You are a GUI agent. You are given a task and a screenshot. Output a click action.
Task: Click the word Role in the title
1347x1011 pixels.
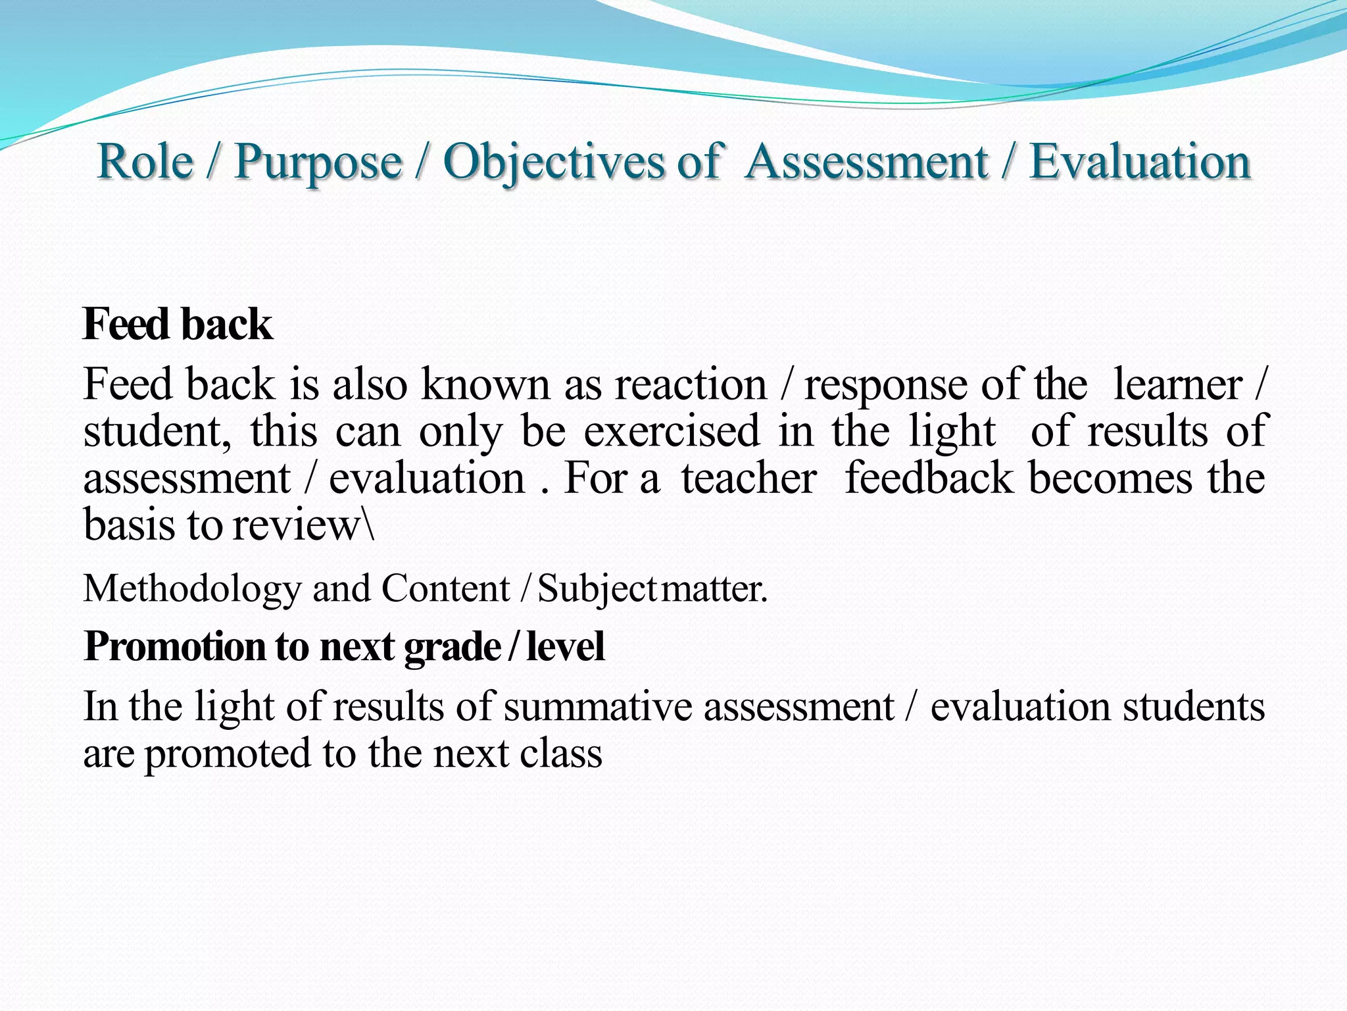145,161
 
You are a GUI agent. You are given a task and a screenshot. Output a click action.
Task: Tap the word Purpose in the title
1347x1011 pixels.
318,163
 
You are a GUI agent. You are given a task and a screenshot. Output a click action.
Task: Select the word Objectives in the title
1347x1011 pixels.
553,163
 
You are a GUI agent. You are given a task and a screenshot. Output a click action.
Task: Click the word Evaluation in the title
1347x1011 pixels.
1139,161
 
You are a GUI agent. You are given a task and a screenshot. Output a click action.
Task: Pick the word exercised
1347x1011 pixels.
672,431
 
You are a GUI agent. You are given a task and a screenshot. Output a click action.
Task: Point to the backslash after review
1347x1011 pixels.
370,525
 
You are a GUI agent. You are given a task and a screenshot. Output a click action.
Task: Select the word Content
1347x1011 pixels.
445,588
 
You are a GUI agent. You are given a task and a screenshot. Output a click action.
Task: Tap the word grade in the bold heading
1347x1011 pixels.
453,648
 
